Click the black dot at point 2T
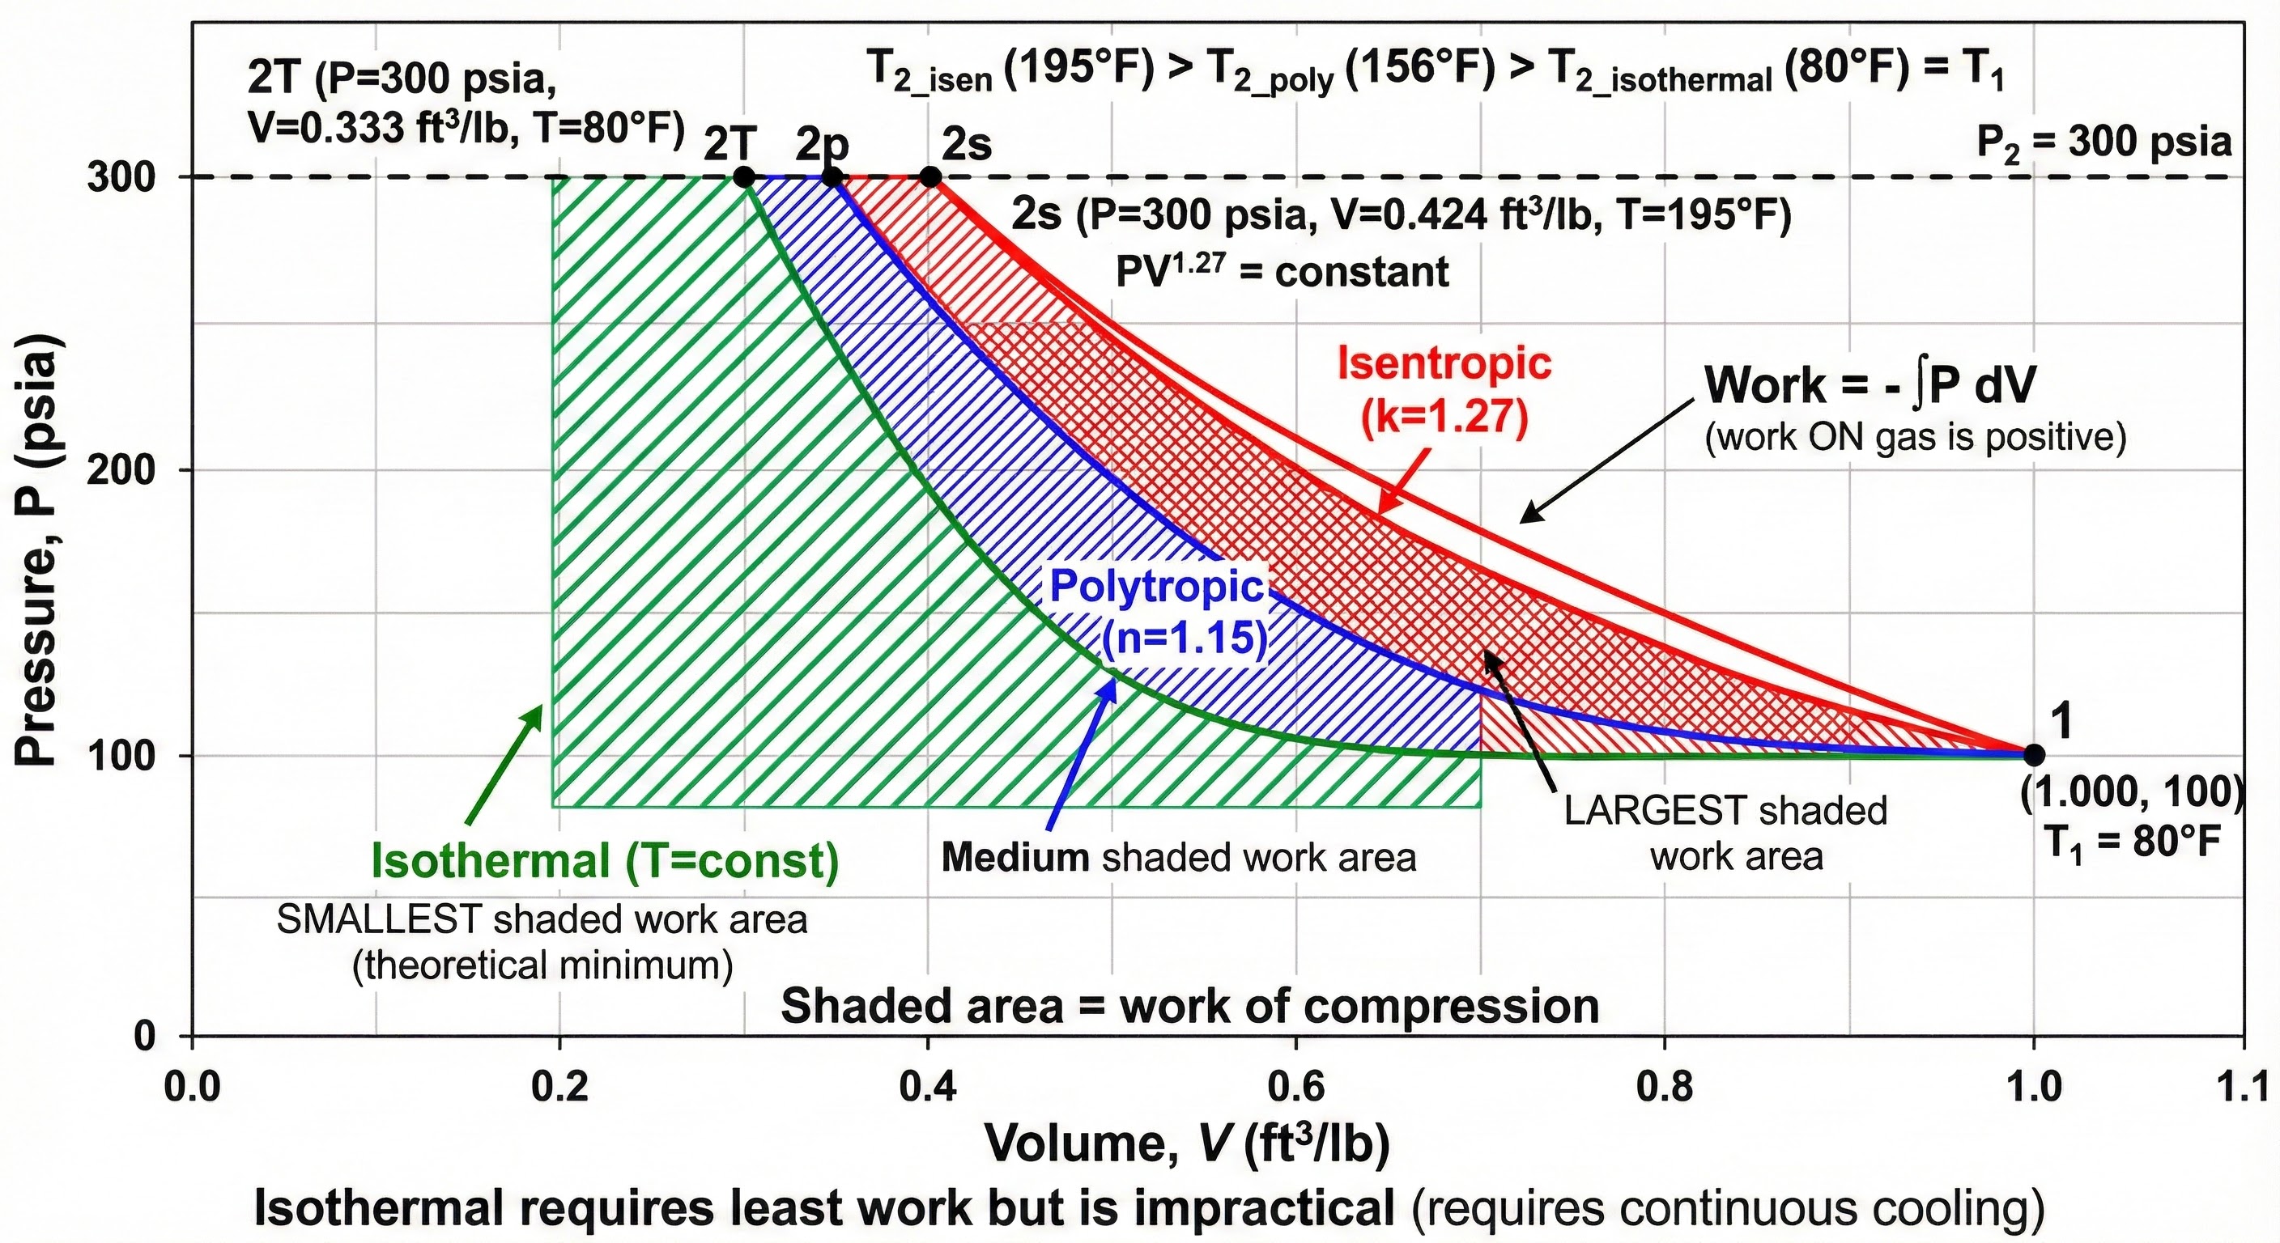[744, 177]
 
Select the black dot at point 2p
[832, 177]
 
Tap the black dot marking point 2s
[929, 177]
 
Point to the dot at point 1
[2033, 755]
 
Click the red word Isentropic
[1444, 363]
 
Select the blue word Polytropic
[1156, 588]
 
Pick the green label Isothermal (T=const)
[605, 861]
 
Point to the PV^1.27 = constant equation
[1282, 272]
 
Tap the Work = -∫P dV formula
[1870, 385]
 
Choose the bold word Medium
[1015, 857]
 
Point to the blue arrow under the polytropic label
[1082, 761]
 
